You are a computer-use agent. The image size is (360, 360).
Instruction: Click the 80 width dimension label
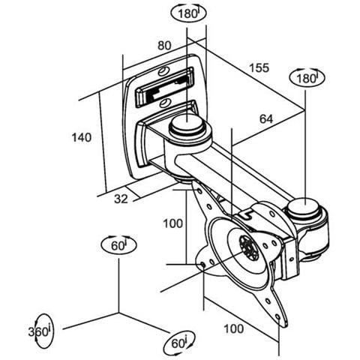164,46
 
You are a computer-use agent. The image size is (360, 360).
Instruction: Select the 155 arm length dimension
259,67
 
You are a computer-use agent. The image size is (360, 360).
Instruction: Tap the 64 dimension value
266,119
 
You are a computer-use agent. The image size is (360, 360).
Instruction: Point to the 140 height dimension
82,137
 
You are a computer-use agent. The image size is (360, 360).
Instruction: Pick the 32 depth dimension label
121,199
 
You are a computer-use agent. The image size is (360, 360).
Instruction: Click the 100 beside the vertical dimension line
173,223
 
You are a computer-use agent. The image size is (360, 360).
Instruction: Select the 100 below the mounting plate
234,328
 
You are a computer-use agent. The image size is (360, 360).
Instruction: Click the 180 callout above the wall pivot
188,13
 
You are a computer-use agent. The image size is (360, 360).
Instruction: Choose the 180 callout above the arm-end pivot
307,78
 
